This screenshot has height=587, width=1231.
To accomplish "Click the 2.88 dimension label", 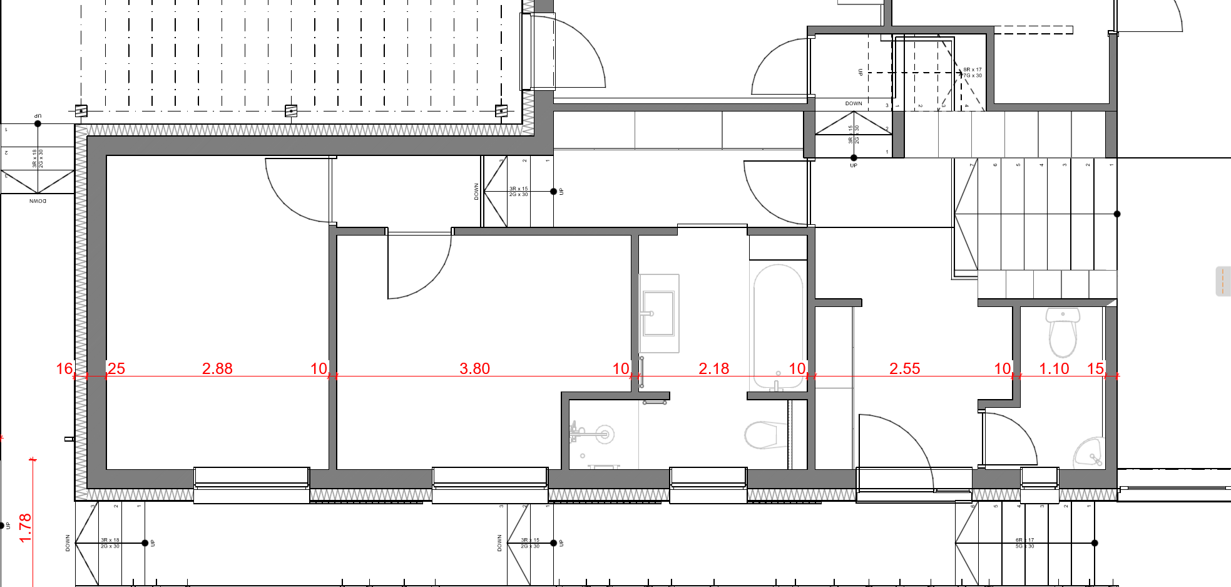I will (x=217, y=368).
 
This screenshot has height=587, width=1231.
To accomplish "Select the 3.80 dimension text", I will (x=474, y=368).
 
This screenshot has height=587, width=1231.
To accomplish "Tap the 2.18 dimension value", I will (x=713, y=368).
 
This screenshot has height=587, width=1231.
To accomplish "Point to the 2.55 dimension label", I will (x=904, y=368).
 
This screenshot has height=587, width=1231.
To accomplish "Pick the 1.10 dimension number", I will (x=1054, y=368).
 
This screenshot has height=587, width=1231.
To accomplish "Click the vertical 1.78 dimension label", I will (x=25, y=527).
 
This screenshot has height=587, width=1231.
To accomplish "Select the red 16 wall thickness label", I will (x=64, y=368).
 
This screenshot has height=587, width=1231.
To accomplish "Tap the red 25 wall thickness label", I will (x=116, y=368).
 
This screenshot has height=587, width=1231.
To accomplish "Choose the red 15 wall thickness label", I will (x=1095, y=368).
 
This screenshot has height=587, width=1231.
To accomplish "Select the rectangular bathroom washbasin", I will (x=658, y=313).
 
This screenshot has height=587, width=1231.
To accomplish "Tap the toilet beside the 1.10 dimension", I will (x=1062, y=331).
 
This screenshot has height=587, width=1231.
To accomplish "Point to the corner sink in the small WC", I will (x=1089, y=452).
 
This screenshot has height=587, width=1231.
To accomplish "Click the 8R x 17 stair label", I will (x=972, y=70).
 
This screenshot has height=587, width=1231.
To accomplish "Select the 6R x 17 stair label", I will (x=1024, y=540).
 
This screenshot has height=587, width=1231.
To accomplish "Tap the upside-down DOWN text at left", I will (x=38, y=201).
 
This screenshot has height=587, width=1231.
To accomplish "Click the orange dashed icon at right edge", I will (x=1222, y=281).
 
